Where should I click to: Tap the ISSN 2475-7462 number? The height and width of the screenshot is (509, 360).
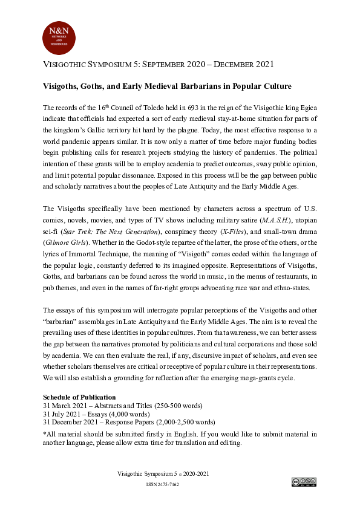coord(163,485)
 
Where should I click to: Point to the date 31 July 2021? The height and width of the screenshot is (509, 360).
coord(62,413)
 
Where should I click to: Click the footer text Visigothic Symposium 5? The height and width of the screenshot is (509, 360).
coord(145,474)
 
